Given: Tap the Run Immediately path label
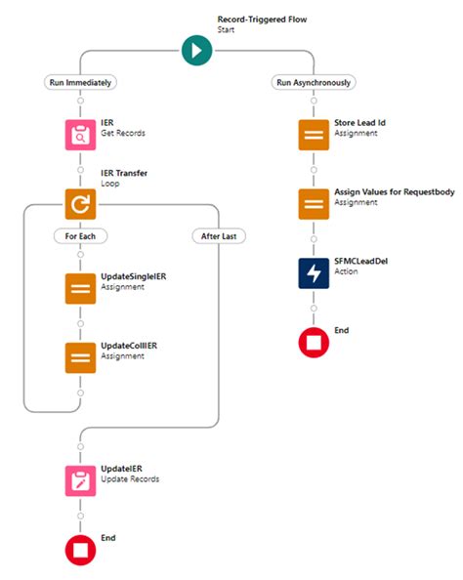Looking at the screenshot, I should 80,83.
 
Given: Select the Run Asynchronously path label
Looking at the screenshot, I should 312,83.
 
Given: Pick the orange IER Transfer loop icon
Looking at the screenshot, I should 80,203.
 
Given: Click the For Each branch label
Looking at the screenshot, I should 80,235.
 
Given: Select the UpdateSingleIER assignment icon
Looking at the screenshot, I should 80,290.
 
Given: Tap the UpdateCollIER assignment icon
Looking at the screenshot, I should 80,356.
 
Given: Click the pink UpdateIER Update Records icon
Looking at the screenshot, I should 80,481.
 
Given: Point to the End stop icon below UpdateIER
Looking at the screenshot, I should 80,550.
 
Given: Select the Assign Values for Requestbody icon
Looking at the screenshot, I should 313,203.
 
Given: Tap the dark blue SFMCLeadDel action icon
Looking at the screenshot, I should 313,272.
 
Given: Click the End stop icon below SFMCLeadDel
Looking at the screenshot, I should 313,342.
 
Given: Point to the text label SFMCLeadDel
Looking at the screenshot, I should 361,261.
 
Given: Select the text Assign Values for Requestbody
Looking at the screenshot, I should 394,192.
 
